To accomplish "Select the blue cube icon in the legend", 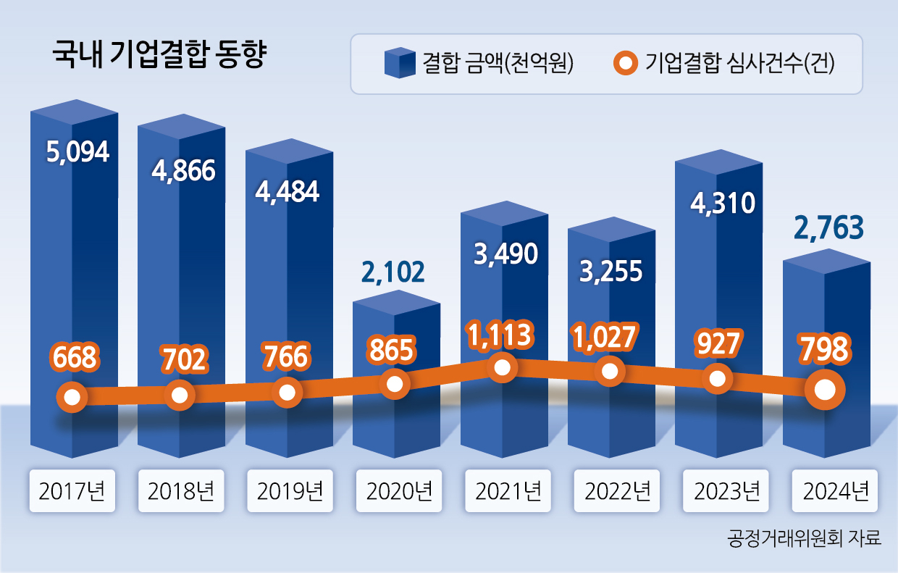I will pyautogui.click(x=399, y=63).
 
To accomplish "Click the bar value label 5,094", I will pyautogui.click(x=77, y=152).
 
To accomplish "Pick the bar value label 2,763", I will pyautogui.click(x=829, y=228).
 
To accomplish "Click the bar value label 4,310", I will pyautogui.click(x=722, y=203).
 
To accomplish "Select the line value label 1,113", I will pyautogui.click(x=501, y=334).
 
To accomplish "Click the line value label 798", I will pyautogui.click(x=823, y=350).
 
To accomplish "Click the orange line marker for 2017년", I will pyautogui.click(x=72, y=397).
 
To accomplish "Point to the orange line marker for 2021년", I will pyautogui.click(x=501, y=367).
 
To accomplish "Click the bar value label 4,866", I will pyautogui.click(x=183, y=170).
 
